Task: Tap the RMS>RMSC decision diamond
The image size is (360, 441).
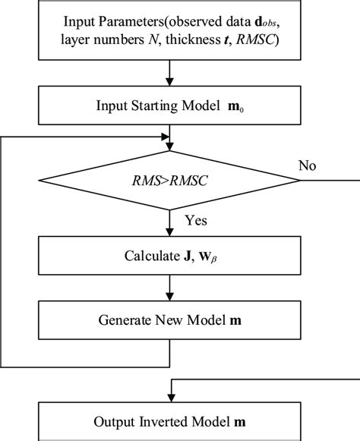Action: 169,181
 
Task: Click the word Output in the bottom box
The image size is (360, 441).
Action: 113,421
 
